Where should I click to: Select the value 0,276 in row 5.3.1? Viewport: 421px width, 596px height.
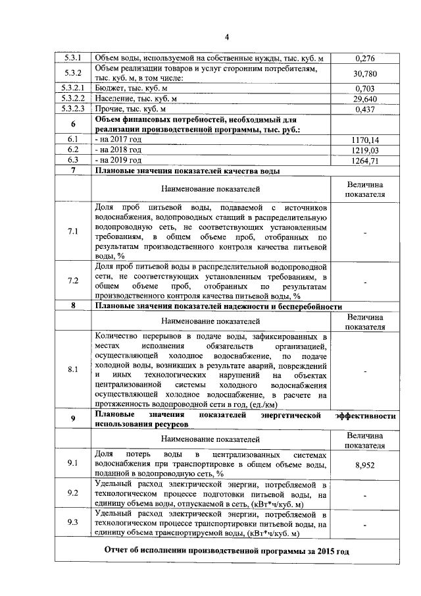[x=364, y=59]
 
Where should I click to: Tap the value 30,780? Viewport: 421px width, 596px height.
[x=364, y=73]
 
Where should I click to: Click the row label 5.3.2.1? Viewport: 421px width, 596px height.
[x=73, y=88]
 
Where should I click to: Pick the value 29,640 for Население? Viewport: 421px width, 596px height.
[x=364, y=99]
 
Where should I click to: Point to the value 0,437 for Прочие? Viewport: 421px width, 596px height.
[x=364, y=110]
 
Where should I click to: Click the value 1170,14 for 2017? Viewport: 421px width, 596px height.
[x=364, y=140]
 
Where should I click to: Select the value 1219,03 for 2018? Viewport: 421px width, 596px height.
[x=364, y=150]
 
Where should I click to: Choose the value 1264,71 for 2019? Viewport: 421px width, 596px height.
[x=364, y=161]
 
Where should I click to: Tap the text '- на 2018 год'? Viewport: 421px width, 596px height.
[x=118, y=150]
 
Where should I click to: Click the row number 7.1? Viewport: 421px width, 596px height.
[x=73, y=231]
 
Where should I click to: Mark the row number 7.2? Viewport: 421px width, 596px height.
[x=73, y=281]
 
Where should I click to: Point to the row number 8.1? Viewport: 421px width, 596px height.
[x=73, y=369]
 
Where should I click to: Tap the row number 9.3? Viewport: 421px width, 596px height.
[x=73, y=523]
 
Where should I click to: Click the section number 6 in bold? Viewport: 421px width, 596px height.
[x=73, y=124]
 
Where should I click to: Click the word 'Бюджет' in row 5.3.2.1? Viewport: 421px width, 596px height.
[x=109, y=88]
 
